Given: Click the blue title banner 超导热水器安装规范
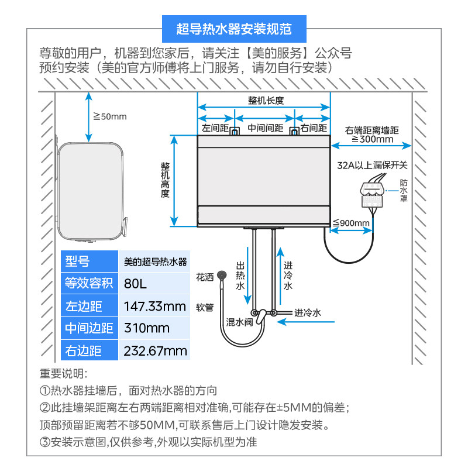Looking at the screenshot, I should (234, 28).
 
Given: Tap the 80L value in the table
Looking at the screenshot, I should (136, 284).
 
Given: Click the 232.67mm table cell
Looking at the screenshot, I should (156, 350).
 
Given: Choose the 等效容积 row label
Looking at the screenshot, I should (88, 284).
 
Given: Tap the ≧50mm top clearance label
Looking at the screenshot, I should (109, 116).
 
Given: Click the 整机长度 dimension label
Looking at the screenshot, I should (264, 100).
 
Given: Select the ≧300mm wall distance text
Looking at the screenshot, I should (371, 139).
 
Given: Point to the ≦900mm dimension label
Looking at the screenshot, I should (351, 223).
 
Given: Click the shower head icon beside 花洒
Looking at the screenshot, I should (222, 275).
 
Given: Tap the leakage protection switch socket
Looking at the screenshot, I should (372, 194).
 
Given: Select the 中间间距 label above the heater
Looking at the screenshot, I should (265, 128).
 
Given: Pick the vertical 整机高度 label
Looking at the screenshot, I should (165, 180).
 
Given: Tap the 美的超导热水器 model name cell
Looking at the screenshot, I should (156, 261).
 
